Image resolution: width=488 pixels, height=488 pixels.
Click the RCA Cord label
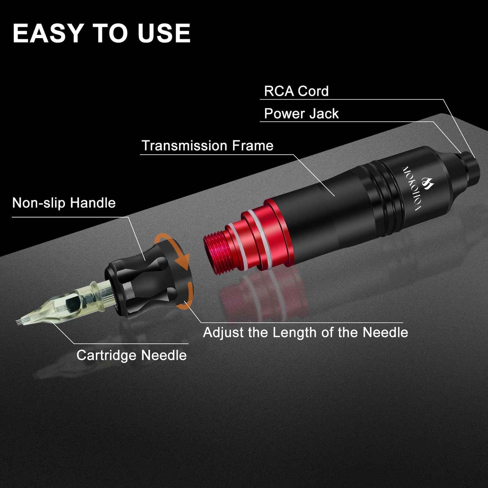[296, 91]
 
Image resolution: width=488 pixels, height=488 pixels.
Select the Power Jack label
[301, 114]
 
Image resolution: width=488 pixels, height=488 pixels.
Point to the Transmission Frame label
[207, 146]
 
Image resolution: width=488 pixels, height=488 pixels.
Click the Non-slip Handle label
[64, 203]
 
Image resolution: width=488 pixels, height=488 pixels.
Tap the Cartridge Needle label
[131, 355]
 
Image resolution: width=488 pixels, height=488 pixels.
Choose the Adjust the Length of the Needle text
[305, 332]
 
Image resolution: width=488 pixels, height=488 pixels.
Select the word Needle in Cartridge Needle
[164, 355]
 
